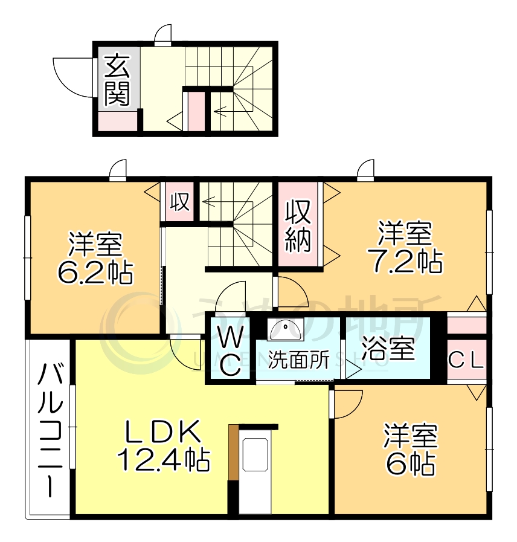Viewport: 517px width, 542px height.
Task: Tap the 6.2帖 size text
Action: coord(95,273)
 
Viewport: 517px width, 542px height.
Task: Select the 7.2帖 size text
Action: coord(406,261)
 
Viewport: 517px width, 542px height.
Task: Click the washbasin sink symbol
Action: coord(286,329)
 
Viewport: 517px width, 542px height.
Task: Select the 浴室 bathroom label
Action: coord(388,349)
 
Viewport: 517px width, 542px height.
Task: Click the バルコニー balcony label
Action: coord(48,429)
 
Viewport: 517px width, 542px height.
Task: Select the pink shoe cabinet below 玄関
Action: coord(117,122)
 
